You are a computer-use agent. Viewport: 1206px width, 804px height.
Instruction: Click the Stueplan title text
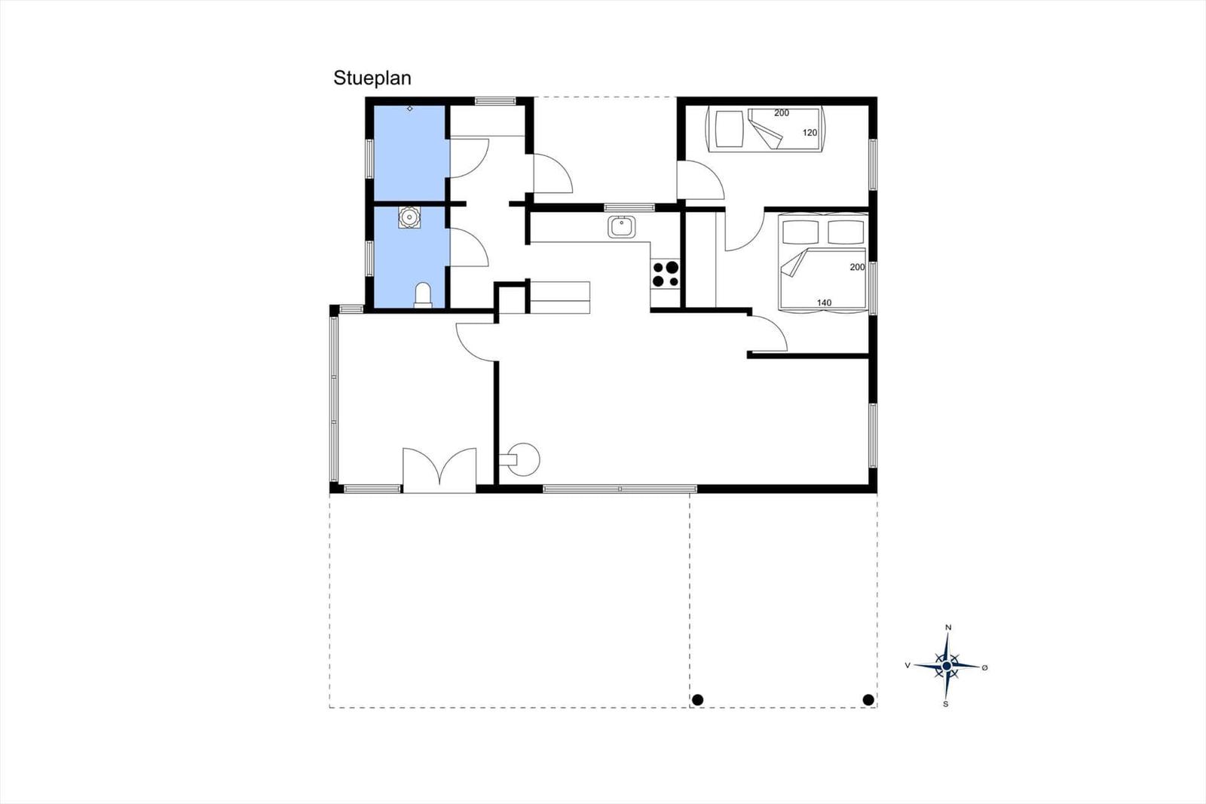click(372, 78)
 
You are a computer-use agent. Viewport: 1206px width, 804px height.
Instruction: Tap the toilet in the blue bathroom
click(423, 296)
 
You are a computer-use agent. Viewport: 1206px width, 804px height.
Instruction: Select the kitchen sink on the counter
click(622, 227)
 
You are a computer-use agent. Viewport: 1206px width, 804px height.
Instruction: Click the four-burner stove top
click(665, 274)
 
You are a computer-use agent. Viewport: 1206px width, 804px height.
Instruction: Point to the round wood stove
click(522, 459)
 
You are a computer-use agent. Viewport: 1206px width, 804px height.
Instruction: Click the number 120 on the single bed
click(810, 133)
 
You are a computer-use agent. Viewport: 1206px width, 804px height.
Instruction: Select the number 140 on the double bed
click(824, 303)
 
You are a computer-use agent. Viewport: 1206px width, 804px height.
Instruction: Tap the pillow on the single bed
click(728, 129)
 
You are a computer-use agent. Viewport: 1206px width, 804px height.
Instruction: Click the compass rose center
click(947, 666)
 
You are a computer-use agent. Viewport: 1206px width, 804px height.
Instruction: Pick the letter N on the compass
click(949, 628)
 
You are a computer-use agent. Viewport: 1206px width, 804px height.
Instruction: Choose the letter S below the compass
click(946, 704)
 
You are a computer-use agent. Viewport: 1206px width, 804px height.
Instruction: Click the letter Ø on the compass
click(984, 667)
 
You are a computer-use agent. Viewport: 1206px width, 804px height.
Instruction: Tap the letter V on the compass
click(908, 665)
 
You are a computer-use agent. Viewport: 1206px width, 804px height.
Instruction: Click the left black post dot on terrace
click(697, 700)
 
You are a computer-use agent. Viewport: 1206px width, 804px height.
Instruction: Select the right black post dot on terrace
click(868, 700)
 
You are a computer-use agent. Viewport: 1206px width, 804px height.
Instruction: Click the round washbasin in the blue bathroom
click(410, 217)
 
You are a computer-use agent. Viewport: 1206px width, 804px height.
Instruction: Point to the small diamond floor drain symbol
click(410, 109)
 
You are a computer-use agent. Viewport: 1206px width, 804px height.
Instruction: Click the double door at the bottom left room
click(439, 470)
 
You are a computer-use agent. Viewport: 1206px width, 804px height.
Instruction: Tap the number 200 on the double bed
click(856, 267)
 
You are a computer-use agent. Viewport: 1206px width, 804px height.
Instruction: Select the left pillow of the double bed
click(800, 232)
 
